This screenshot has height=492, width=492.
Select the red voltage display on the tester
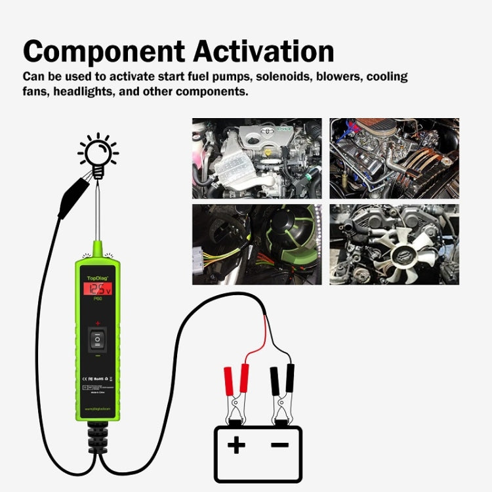coord(97,289)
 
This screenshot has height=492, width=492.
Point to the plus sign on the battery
coord(236,446)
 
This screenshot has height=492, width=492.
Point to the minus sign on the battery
coord(280,446)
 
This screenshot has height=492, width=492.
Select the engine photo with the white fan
coord(394,244)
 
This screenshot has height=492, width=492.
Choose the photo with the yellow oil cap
coord(256,158)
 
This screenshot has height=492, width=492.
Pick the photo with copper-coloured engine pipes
coord(394,158)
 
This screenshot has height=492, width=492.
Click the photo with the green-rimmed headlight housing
coord(256,244)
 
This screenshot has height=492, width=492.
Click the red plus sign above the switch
coord(97,323)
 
